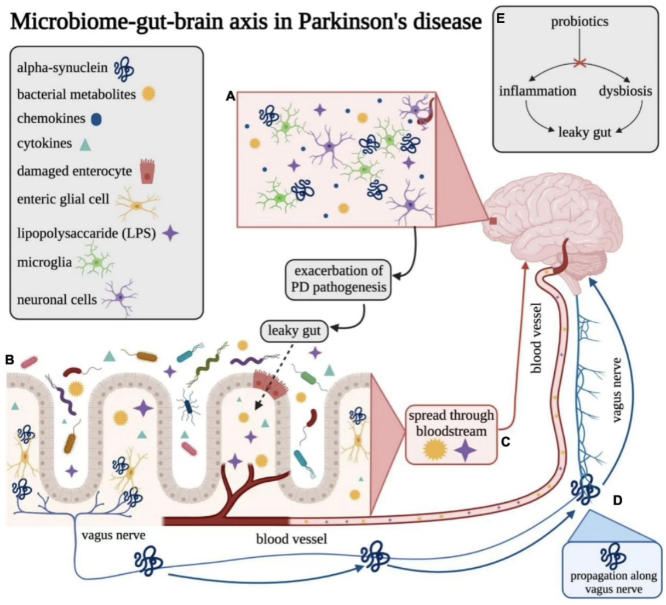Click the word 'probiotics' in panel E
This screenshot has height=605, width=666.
[x=579, y=22]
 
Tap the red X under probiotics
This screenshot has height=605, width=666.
[x=579, y=62]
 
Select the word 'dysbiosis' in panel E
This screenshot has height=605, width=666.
[x=625, y=91]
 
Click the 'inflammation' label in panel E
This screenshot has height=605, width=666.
[x=537, y=91]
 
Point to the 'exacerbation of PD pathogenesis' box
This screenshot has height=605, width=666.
[x=338, y=279]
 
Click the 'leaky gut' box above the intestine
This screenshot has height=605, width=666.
[x=295, y=331]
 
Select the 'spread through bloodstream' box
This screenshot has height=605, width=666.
[x=451, y=434]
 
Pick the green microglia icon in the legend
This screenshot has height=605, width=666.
[x=96, y=262]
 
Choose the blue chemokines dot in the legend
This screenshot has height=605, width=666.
[x=96, y=119]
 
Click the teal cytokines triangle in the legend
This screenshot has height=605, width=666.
[x=85, y=144]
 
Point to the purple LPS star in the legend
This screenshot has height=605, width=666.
[x=170, y=233]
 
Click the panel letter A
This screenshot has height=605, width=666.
[x=231, y=96]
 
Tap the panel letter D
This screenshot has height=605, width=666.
[x=617, y=500]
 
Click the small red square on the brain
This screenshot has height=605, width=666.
[x=493, y=221]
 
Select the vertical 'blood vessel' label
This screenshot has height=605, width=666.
[x=536, y=338]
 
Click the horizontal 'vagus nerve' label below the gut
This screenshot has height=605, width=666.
[x=113, y=535]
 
